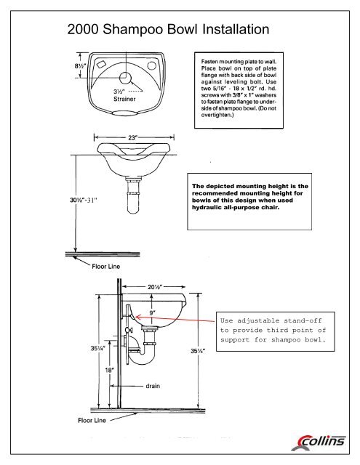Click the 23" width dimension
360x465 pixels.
133,136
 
